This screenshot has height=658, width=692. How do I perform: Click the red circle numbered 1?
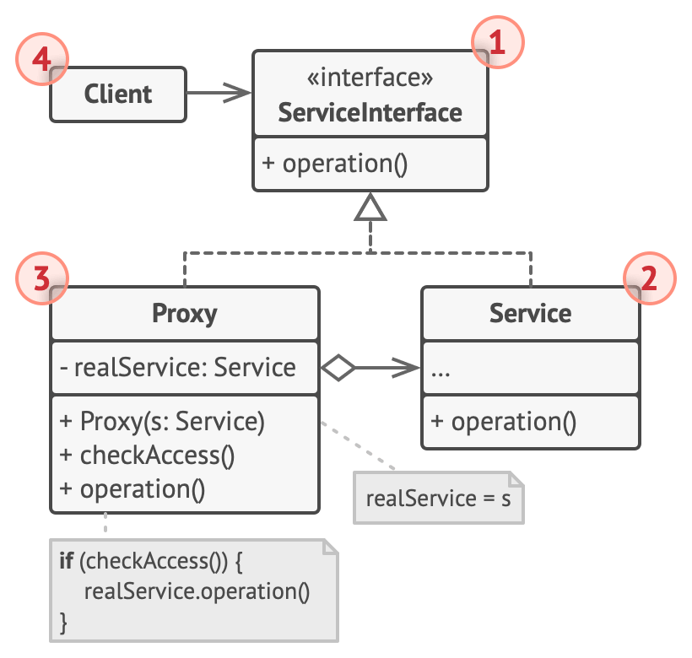498,42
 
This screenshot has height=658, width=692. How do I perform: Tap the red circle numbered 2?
650,278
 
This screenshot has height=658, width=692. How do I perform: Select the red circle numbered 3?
42,278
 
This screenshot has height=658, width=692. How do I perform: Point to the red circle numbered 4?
42,59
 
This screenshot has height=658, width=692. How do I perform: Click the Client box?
118,94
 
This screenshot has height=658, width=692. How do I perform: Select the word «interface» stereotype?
370,77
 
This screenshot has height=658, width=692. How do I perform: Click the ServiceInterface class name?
370,112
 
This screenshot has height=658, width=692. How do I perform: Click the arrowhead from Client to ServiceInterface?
237,93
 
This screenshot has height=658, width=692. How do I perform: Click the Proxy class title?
185,314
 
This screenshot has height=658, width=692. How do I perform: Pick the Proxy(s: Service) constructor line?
162,421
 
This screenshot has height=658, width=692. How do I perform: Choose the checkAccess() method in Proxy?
147,456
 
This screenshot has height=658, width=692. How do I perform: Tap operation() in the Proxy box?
132,489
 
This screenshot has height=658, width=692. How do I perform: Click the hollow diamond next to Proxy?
338,367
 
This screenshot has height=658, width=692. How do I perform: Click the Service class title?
531,314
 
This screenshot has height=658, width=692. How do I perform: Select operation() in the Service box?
504,422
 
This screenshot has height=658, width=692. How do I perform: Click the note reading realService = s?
439,498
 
